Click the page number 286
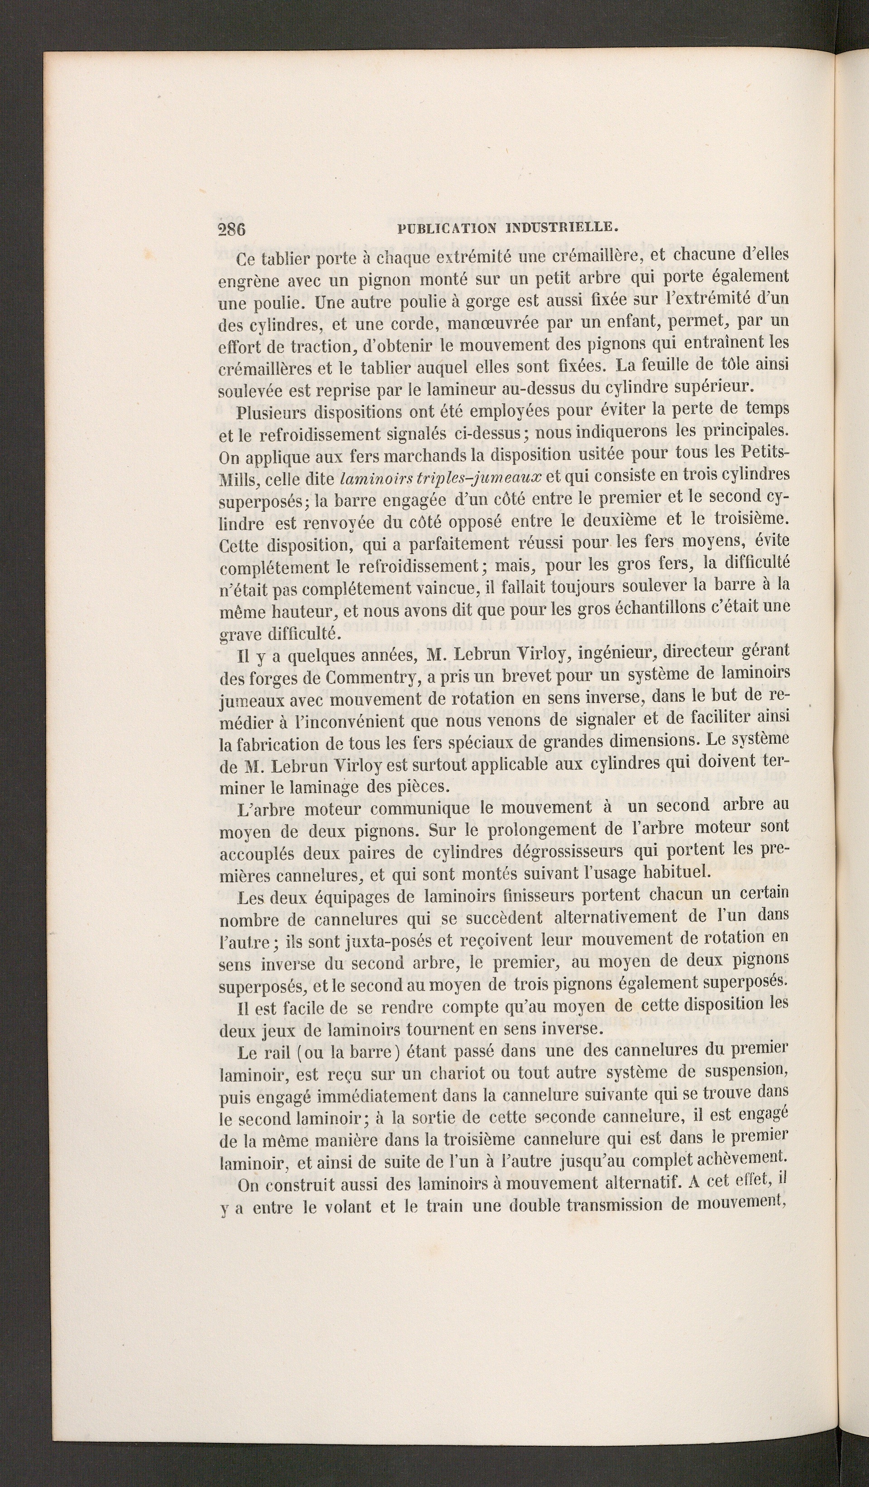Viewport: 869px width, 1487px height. [x=231, y=230]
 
